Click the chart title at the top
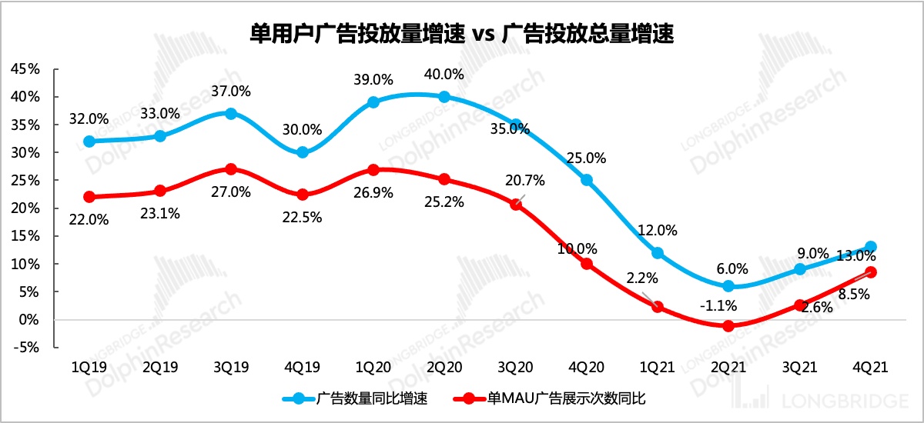point(462,33)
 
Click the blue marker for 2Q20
point(444,97)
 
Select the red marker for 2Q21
point(728,325)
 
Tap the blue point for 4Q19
point(303,152)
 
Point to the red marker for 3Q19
point(231,169)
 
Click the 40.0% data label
point(444,75)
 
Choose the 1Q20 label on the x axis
point(373,368)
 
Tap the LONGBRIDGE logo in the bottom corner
point(831,401)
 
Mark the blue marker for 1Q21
point(658,253)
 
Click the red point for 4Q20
point(587,264)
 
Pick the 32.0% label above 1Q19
point(89,120)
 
